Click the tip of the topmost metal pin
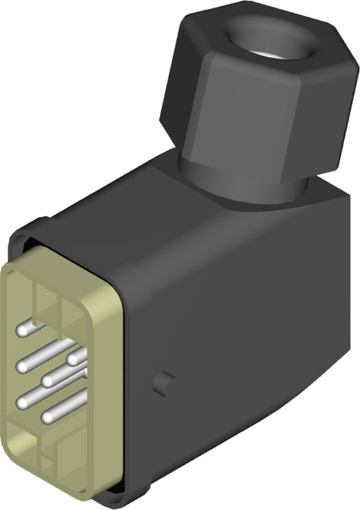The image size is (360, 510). point(23,329)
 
